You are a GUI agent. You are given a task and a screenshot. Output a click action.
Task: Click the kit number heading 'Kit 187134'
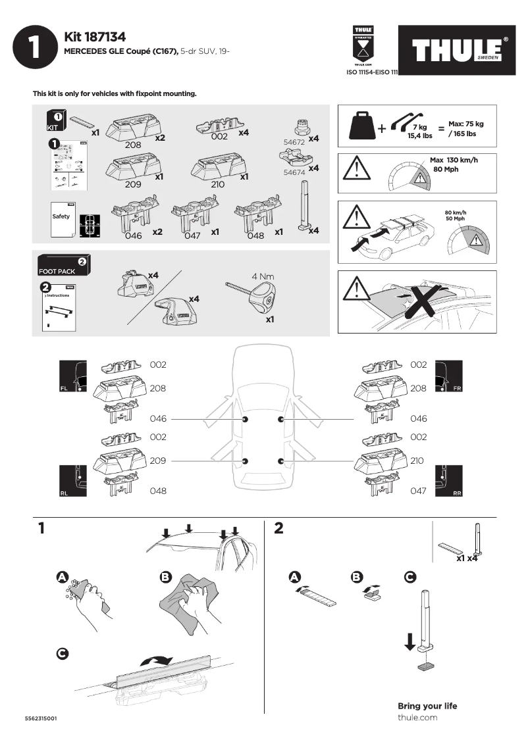click(x=95, y=37)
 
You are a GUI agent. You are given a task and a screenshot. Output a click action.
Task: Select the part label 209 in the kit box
click(x=134, y=184)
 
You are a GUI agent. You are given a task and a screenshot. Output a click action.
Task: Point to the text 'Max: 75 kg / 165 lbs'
click(x=465, y=129)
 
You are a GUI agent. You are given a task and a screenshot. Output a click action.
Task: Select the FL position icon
click(x=72, y=377)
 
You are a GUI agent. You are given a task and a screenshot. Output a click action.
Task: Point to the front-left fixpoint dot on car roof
click(x=245, y=419)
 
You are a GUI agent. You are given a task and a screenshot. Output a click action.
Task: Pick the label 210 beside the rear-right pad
click(x=417, y=461)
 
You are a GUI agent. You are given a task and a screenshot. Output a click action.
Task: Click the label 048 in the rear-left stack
click(x=158, y=491)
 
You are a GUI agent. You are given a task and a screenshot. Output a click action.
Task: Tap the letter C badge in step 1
click(x=62, y=653)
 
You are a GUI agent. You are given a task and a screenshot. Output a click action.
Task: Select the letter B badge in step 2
click(x=357, y=577)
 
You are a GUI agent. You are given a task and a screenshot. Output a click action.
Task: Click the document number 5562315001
click(x=40, y=718)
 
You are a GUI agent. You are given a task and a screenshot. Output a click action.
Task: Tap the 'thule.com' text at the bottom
click(x=417, y=718)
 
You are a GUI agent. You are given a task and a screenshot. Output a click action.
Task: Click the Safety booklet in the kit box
click(x=61, y=218)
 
